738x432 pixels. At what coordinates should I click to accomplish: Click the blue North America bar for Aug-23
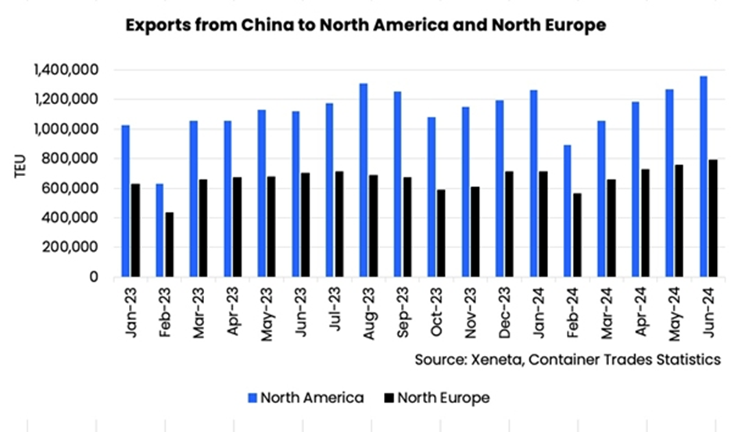(364, 180)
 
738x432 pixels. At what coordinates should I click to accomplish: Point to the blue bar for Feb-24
(568, 211)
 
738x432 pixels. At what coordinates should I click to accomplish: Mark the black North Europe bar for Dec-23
(509, 223)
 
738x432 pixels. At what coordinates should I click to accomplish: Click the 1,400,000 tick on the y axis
(66, 70)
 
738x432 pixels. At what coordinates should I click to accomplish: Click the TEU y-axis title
(21, 174)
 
